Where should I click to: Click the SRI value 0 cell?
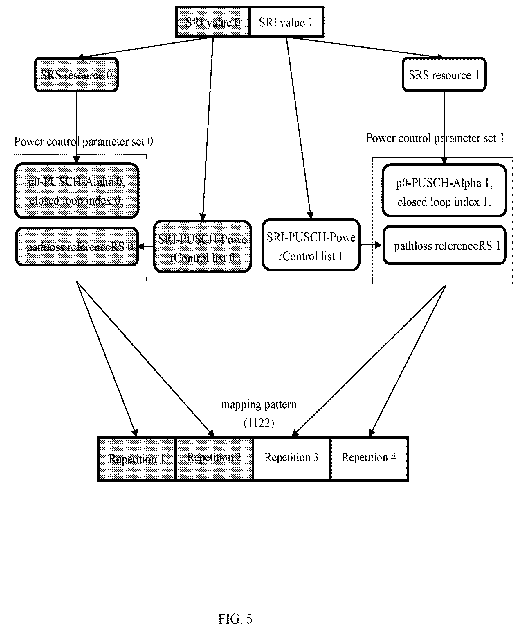[x=212, y=22]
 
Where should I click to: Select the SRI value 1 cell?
[x=287, y=22]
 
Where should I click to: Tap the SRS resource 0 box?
[x=77, y=74]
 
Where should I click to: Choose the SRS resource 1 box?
[x=444, y=74]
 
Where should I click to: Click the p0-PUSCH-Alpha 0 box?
[x=77, y=191]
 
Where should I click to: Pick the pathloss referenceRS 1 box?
[x=445, y=245]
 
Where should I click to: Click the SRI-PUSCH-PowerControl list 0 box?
[x=202, y=246]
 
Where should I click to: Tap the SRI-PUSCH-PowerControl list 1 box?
[x=311, y=244]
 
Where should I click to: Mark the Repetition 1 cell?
[x=136, y=459]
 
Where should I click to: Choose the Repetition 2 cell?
[x=214, y=459]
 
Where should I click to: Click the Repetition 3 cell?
[x=291, y=459]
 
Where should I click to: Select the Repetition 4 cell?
[x=369, y=459]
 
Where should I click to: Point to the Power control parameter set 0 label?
[x=83, y=142]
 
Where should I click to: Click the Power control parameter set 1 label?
[x=435, y=138]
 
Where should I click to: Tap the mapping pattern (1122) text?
[x=259, y=414]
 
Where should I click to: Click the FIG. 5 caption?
[x=235, y=619]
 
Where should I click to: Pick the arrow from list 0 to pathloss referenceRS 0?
[x=146, y=247]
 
